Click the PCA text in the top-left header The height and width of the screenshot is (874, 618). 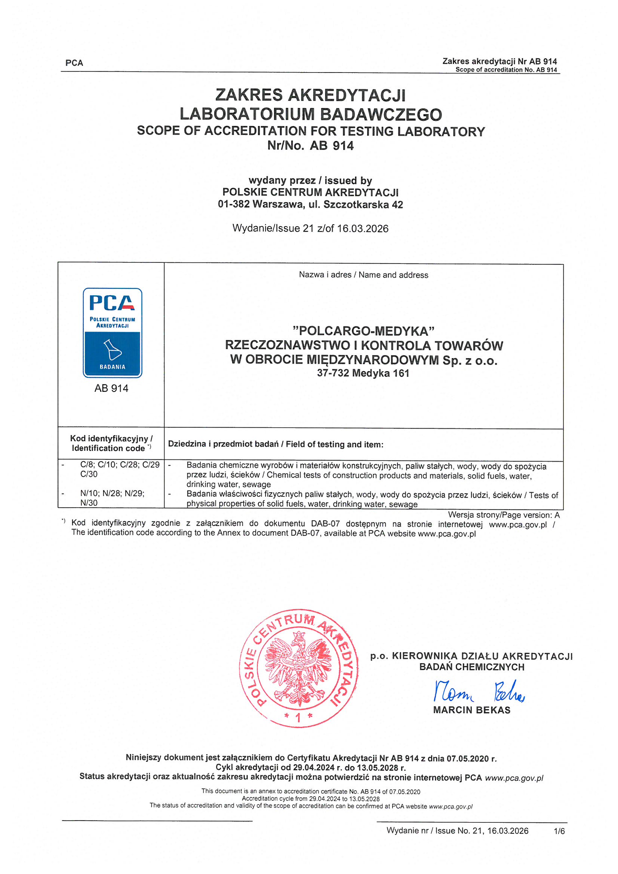tap(74, 63)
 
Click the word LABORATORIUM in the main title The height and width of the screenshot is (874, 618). tap(245, 114)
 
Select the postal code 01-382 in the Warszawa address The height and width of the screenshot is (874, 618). tap(233, 204)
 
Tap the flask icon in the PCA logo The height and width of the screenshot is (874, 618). tap(112, 350)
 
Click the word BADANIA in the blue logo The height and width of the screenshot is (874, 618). tap(112, 367)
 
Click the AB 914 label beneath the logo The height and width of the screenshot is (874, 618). tap(111, 388)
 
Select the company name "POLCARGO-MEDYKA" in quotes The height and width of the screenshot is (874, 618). tap(363, 331)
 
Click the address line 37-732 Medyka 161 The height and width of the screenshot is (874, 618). tap(363, 373)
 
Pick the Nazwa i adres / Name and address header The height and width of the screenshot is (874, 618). tap(363, 275)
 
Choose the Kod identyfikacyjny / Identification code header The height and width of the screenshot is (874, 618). tap(111, 443)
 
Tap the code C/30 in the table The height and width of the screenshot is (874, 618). tap(89, 474)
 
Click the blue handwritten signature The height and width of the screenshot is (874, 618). tap(479, 692)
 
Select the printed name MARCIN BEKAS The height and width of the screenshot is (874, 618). tap(471, 710)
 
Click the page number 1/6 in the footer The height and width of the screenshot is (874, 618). tap(559, 831)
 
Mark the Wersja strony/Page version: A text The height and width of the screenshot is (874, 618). tap(503, 515)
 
